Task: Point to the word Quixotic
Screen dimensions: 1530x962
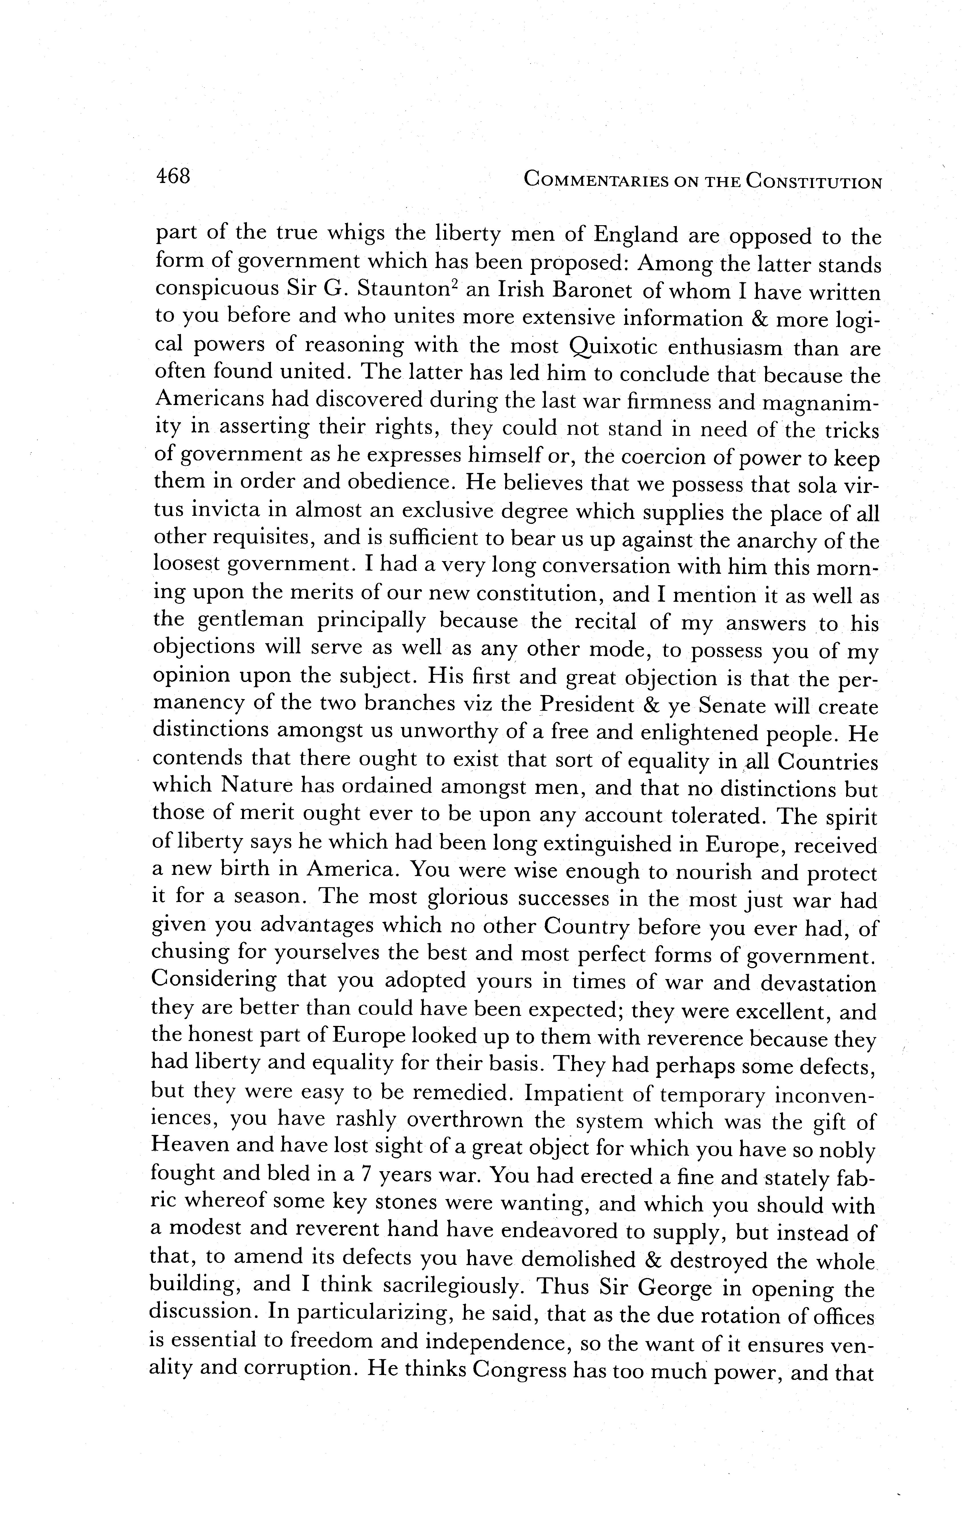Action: click(x=615, y=347)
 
